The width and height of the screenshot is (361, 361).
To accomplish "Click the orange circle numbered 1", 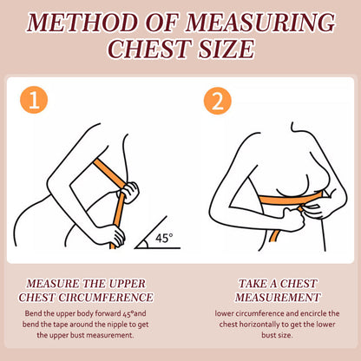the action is (x=34, y=100).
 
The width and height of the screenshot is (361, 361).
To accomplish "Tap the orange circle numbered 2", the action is (x=218, y=101).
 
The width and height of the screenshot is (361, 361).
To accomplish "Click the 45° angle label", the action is (x=164, y=238).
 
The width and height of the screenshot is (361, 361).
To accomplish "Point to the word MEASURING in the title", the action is (x=260, y=23).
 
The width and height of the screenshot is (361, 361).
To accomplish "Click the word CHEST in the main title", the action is (x=150, y=49).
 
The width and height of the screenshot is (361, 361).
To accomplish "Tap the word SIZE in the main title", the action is (x=226, y=49).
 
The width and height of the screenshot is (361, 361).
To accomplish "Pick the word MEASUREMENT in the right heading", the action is (x=278, y=298).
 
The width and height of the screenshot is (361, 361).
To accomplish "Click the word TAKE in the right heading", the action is (x=252, y=284).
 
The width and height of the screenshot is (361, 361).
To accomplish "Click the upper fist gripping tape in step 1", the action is (x=128, y=192).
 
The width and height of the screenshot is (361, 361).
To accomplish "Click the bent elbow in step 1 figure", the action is (x=55, y=180).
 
